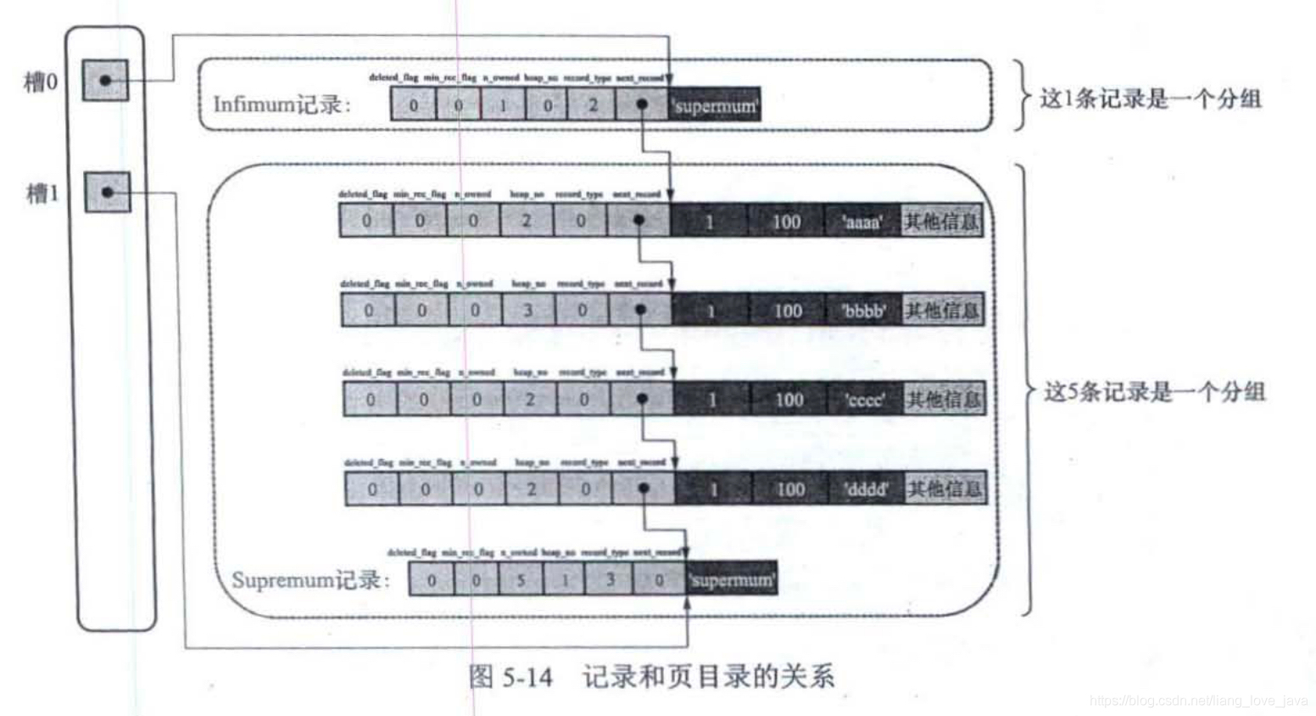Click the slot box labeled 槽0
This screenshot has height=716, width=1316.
[105, 81]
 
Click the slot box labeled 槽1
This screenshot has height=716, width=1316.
[107, 193]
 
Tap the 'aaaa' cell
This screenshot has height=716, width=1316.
[862, 221]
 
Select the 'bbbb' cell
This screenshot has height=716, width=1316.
[864, 310]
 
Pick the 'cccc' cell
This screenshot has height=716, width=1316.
[865, 400]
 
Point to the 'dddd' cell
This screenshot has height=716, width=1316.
[866, 489]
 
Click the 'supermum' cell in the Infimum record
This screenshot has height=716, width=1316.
[715, 105]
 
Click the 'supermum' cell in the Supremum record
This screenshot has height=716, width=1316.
[732, 580]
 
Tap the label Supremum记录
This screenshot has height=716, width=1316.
[310, 580]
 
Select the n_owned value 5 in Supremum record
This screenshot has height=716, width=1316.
[521, 580]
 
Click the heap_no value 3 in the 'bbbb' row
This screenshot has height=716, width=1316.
[527, 310]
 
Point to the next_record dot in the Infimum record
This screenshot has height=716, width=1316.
[642, 104]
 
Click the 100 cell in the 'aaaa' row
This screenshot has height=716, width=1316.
[786, 221]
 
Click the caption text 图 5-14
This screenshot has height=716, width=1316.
[510, 677]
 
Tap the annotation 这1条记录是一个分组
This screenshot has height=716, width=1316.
[1151, 98]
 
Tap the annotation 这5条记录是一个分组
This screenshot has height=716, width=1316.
[1154, 391]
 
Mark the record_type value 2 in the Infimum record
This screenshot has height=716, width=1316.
[593, 105]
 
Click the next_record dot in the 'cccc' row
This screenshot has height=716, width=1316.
[642, 399]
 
